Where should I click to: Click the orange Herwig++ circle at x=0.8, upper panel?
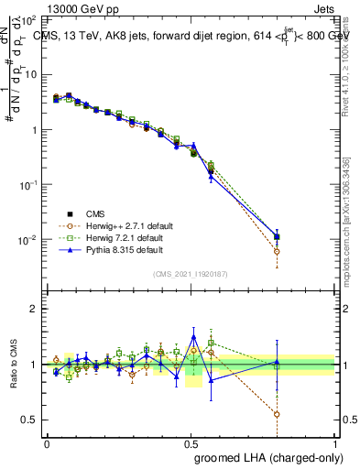tap(277, 251)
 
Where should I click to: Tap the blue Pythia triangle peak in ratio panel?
tap(193, 336)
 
